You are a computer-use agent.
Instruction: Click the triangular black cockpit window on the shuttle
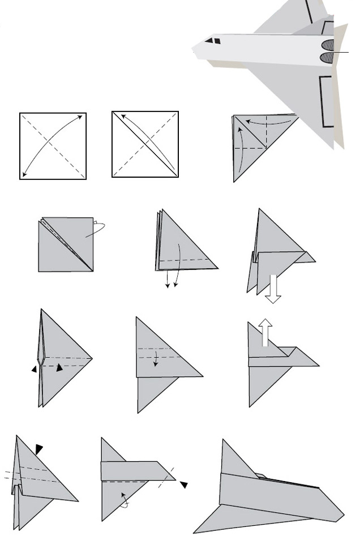[x=208, y=41]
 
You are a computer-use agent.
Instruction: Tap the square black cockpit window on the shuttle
[x=217, y=41]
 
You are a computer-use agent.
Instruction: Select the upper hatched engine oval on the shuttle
[x=328, y=45]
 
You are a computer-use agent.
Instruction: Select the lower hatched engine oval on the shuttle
[x=328, y=57]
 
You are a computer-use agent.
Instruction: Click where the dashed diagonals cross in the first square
[x=53, y=146]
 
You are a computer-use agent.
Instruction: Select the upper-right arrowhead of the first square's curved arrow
[x=81, y=117]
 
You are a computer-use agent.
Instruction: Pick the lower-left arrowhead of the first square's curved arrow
[x=24, y=174]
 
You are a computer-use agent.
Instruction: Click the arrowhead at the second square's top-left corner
[x=117, y=116]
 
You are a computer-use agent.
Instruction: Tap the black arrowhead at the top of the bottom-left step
[x=38, y=449]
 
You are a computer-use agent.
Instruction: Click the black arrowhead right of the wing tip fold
[x=184, y=484]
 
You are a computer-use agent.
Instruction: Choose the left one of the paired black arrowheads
[x=35, y=369]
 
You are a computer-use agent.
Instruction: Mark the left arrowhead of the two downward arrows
[x=168, y=285]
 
